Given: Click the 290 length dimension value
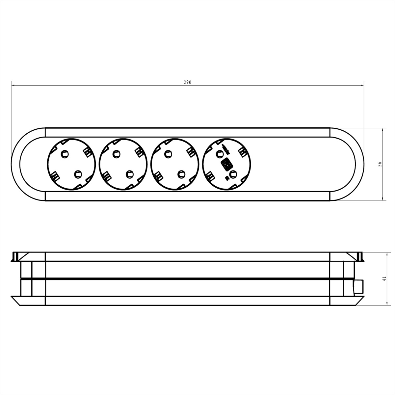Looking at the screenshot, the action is [x=187, y=82].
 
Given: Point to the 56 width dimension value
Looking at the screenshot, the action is [x=380, y=164].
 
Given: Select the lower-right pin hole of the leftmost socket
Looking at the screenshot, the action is [x=78, y=174].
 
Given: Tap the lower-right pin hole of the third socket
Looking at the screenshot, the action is [x=181, y=174].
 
